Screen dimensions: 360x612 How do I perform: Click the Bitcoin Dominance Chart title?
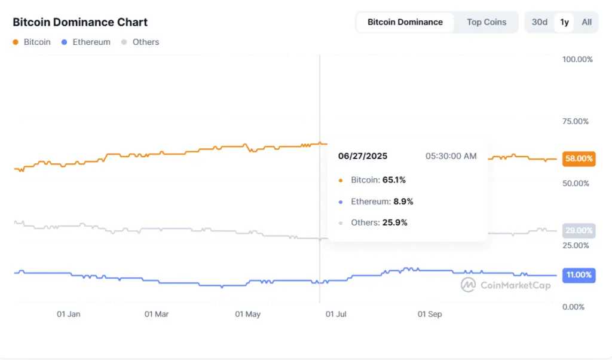pos(80,22)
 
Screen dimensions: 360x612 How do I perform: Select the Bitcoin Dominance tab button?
pos(405,22)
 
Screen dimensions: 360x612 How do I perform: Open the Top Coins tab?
pos(486,22)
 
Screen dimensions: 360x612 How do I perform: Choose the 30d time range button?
pos(539,22)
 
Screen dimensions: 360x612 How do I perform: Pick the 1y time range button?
pos(564,22)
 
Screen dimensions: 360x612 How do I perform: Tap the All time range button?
pos(586,22)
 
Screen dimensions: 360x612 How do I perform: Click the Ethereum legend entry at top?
pos(91,42)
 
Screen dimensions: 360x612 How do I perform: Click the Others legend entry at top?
pos(145,42)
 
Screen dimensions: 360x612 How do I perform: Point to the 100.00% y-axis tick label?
pos(577,59)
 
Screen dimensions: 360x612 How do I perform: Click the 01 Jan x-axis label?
pos(69,314)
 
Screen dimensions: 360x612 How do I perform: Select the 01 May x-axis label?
pos(247,314)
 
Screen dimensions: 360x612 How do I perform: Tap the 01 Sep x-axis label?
pos(429,314)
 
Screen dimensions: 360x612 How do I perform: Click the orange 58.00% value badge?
pos(579,159)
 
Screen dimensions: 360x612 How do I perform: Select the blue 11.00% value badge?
pos(579,275)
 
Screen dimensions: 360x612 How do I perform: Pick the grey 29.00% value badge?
pos(579,231)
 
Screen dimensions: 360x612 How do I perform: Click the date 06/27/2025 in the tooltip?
pos(363,156)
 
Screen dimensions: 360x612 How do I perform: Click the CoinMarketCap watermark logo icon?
pos(468,285)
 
